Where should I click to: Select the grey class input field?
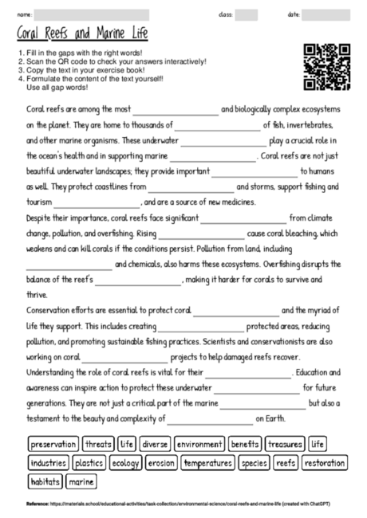pyautogui.click(x=246, y=14)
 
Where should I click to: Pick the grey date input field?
pyautogui.click(x=326, y=14)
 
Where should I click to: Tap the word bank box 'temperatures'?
pyautogui.click(x=206, y=462)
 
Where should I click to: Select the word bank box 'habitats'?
pyautogui.click(x=45, y=481)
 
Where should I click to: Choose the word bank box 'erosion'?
pyautogui.click(x=160, y=462)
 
